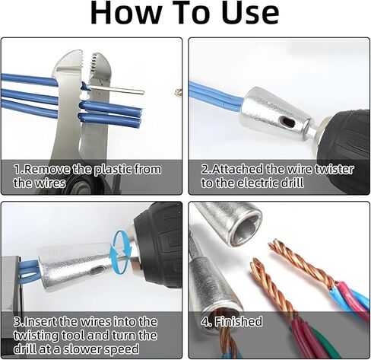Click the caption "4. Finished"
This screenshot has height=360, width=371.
(x=232, y=321)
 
